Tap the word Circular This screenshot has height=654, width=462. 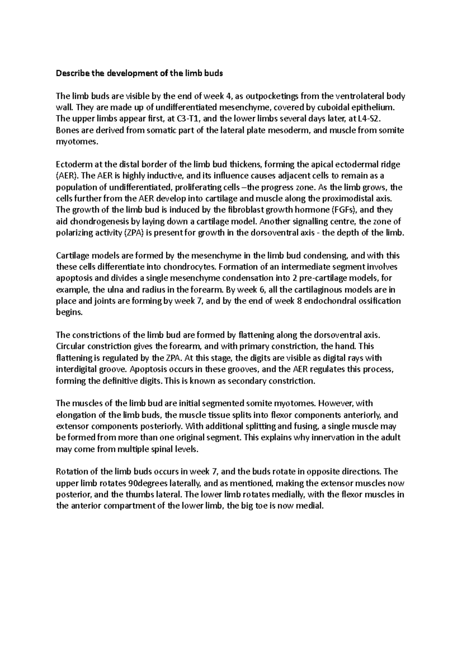point(70,346)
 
